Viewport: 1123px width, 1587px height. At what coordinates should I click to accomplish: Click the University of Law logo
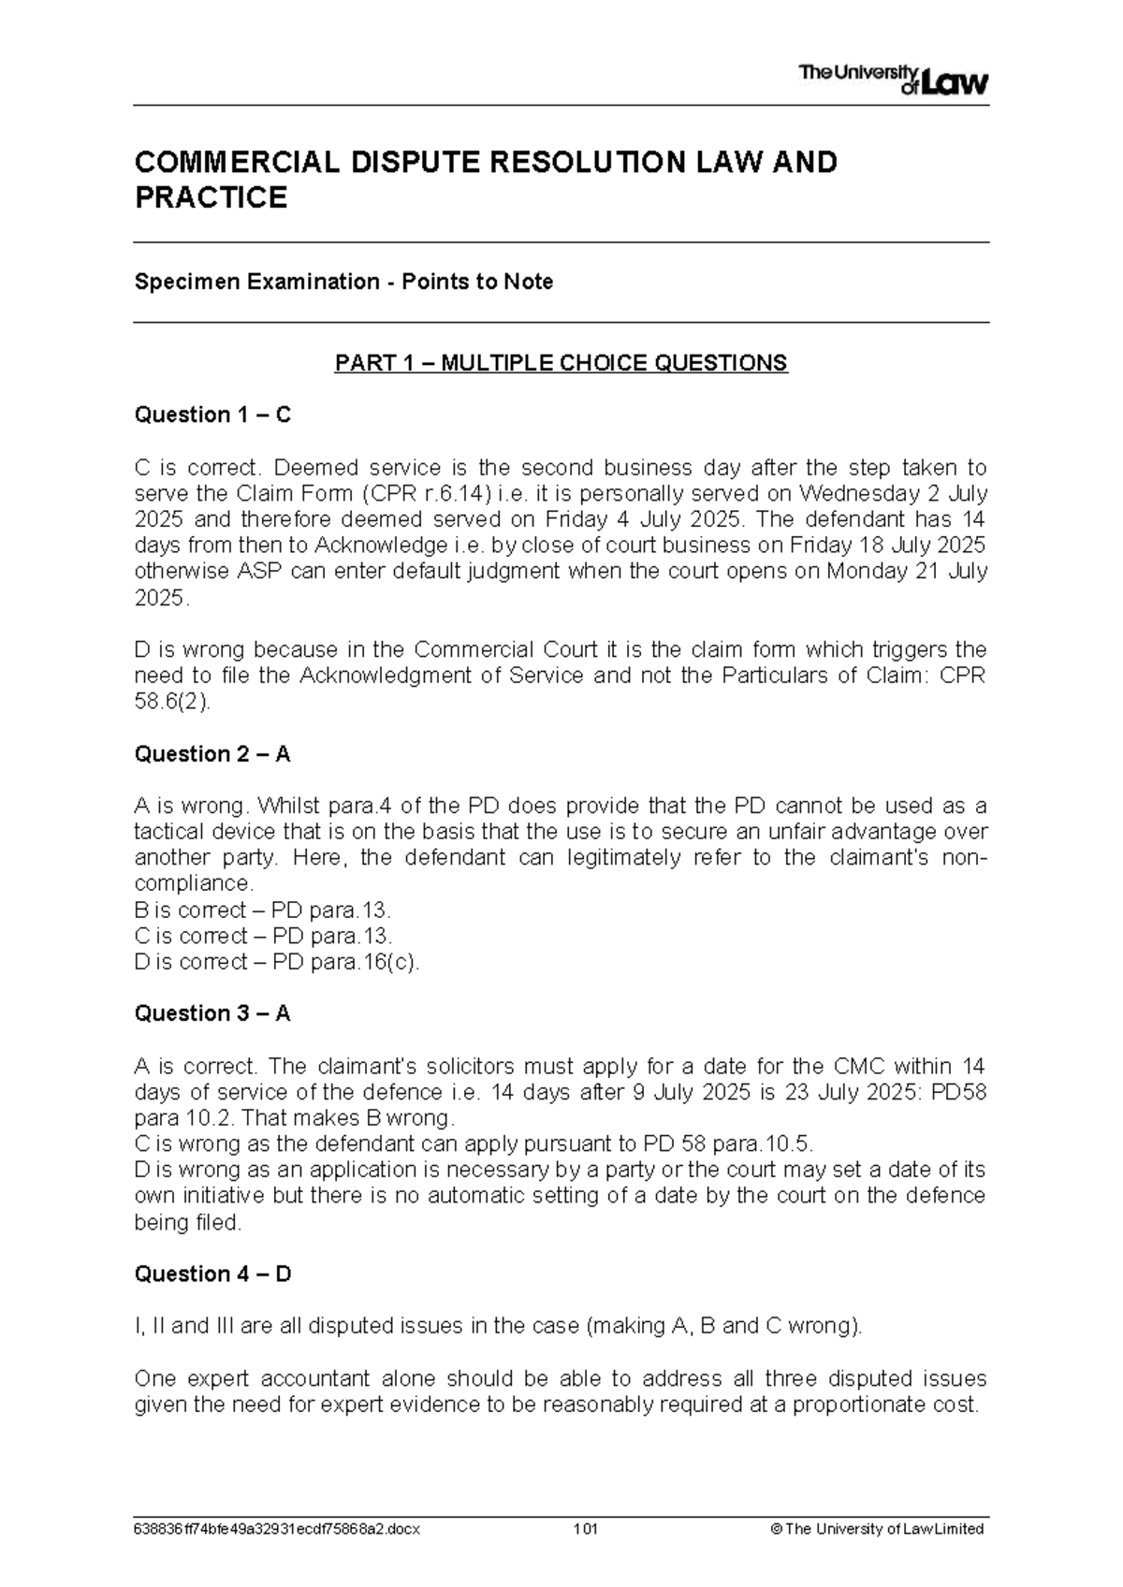click(x=893, y=80)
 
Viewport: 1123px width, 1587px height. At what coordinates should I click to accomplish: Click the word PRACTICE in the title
click(x=211, y=198)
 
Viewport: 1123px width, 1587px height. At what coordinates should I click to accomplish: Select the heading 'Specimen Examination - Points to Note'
click(x=343, y=282)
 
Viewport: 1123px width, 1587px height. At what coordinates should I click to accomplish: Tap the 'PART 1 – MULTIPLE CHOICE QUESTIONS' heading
click(x=561, y=363)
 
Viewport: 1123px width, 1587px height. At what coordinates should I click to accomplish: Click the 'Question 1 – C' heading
click(x=212, y=415)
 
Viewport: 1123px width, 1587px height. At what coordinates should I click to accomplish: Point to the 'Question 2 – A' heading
click(x=212, y=754)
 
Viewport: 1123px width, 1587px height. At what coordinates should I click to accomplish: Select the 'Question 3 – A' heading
click(x=212, y=1013)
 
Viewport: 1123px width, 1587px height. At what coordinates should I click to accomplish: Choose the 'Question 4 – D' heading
click(x=212, y=1274)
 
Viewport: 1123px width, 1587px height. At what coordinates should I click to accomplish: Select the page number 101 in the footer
click(x=586, y=1529)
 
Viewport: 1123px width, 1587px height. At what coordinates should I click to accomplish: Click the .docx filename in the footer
click(x=277, y=1529)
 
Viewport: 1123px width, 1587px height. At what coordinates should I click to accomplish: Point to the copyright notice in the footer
click(x=876, y=1529)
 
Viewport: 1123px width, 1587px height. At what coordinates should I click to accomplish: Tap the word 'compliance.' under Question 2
click(x=194, y=884)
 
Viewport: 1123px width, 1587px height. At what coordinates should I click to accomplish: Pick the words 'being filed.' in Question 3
click(x=187, y=1222)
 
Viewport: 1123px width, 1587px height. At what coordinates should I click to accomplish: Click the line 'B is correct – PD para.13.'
click(x=263, y=910)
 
